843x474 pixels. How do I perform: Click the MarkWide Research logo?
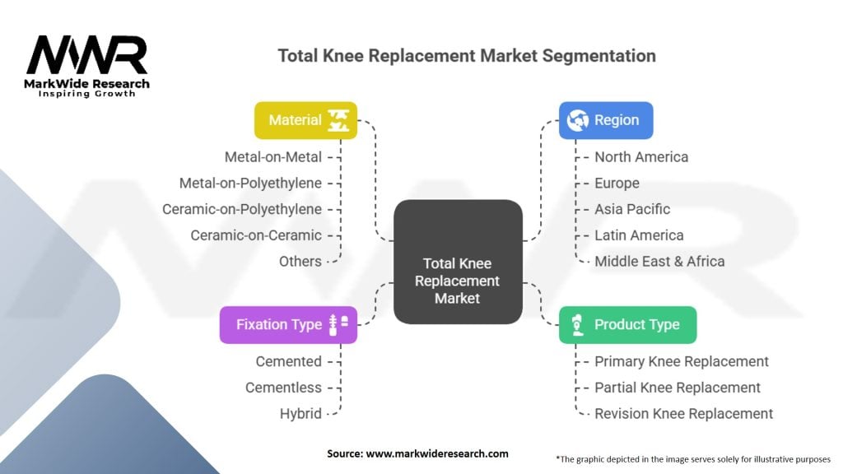[86, 64]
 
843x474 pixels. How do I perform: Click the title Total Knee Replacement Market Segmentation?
[467, 56]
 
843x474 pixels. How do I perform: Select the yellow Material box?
[305, 120]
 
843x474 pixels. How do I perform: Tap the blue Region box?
[606, 120]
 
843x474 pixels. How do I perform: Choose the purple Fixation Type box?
[288, 324]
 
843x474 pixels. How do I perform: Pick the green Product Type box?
[627, 324]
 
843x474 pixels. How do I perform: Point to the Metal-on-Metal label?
[273, 156]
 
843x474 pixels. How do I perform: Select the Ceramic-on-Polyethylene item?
[242, 209]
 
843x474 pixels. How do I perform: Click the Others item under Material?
[300, 261]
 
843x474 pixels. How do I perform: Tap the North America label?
[641, 156]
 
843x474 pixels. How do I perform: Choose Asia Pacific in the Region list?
[632, 209]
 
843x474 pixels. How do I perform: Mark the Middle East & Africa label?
[659, 261]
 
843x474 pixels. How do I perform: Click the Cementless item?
[283, 388]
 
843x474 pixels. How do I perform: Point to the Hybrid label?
[300, 414]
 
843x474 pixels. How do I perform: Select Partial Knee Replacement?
[678, 388]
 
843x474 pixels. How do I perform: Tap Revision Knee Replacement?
[683, 414]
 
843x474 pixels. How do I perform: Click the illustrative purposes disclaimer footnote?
[693, 458]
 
